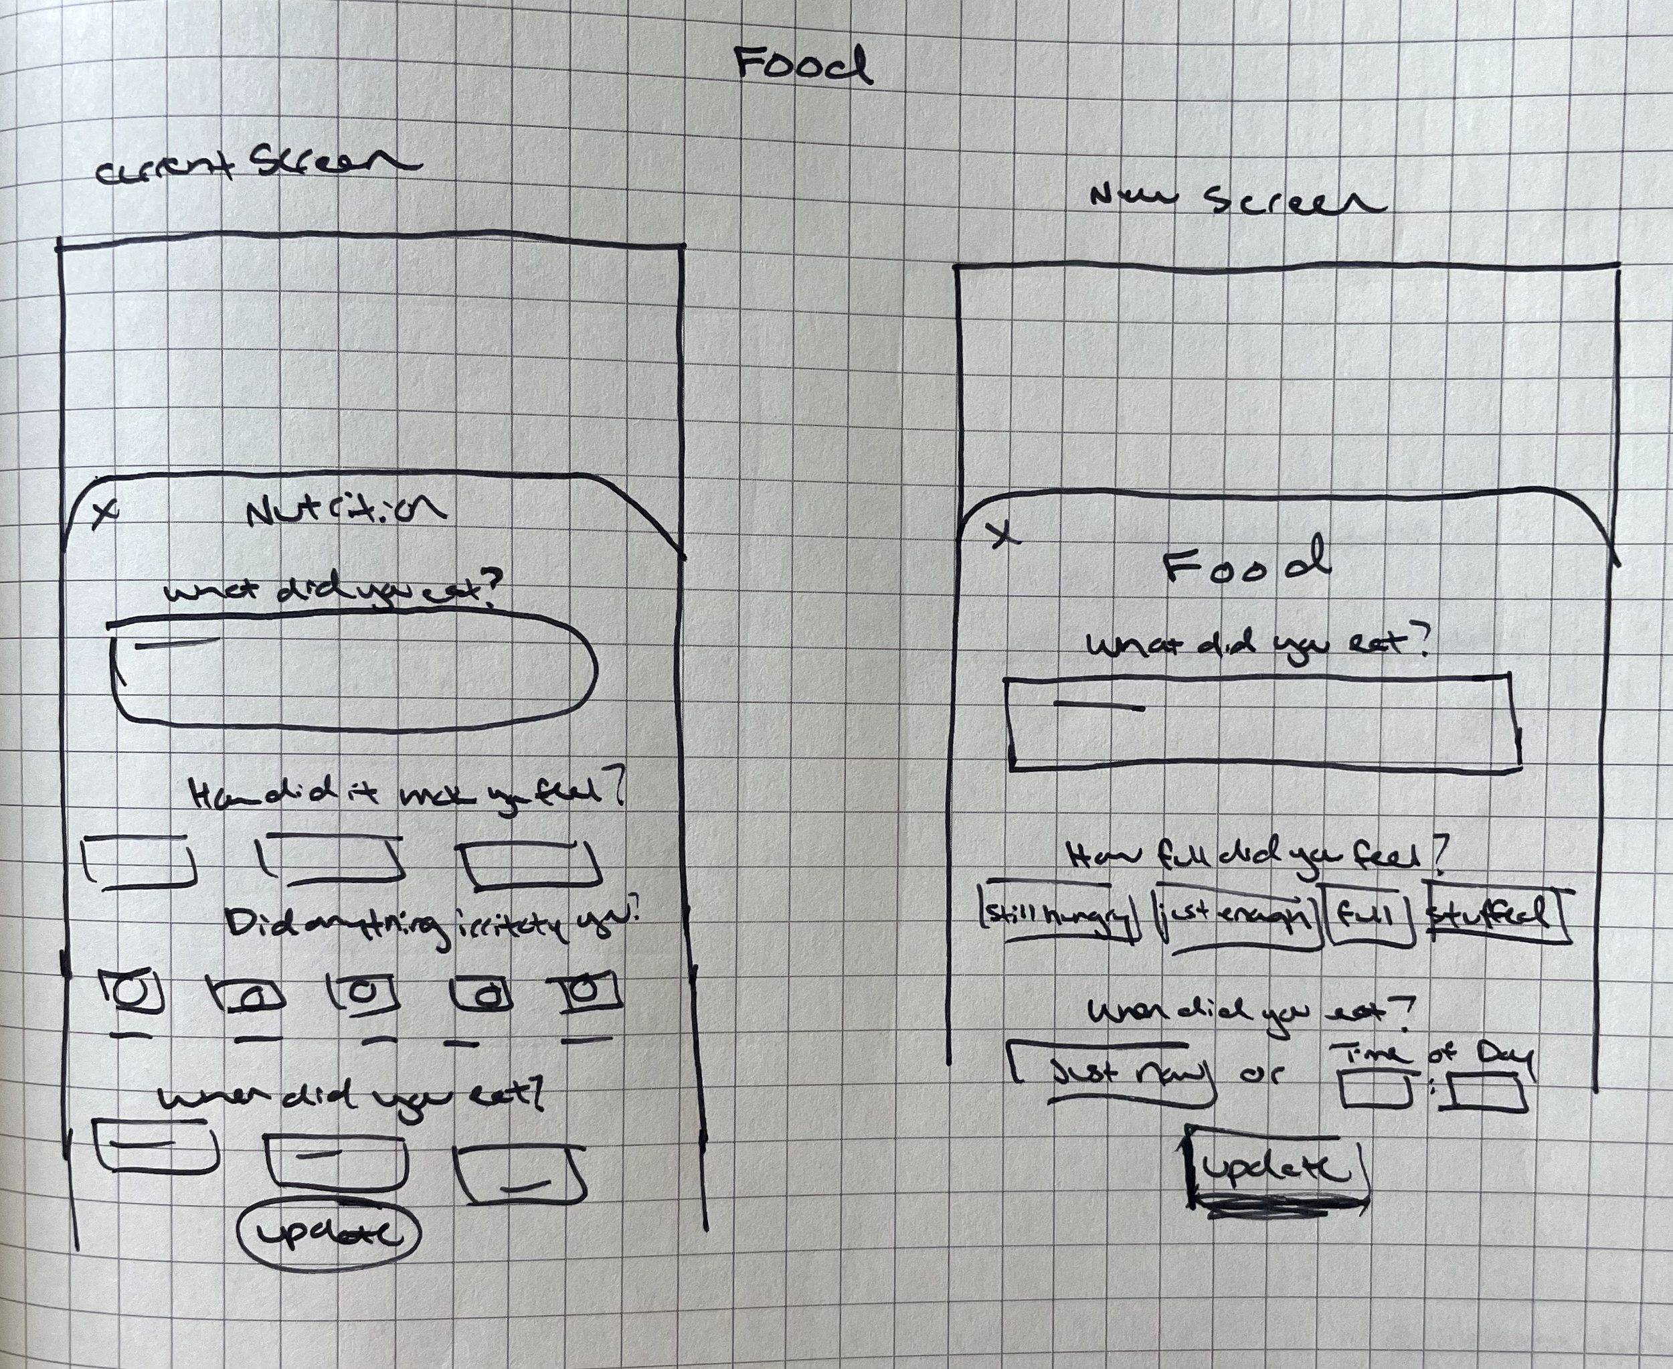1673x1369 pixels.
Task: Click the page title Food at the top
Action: [x=802, y=65]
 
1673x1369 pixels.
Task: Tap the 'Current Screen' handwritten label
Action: [x=256, y=164]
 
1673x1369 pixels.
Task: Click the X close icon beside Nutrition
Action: [x=105, y=513]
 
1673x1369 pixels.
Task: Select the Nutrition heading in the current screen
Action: [x=345, y=510]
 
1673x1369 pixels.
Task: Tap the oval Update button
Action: [x=329, y=1232]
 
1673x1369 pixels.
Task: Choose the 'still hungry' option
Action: [x=1058, y=914]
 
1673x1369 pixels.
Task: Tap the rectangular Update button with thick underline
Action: [x=1275, y=1170]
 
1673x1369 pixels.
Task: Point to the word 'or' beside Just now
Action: [x=1263, y=1072]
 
